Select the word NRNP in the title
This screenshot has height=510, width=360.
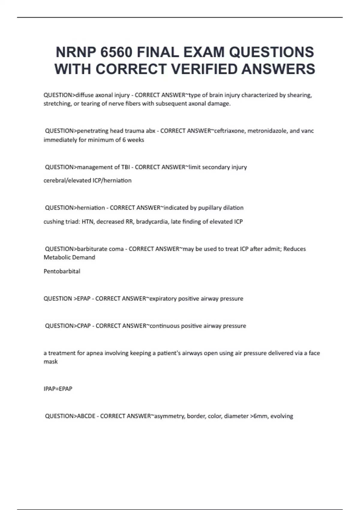pyautogui.click(x=76, y=52)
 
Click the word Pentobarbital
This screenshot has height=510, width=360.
pyautogui.click(x=62, y=271)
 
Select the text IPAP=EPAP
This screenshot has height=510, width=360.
pyautogui.click(x=58, y=389)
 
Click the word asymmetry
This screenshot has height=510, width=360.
pyautogui.click(x=169, y=416)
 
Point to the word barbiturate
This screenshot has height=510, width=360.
pyautogui.click(x=92, y=249)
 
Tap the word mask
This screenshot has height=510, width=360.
pyautogui.click(x=51, y=361)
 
